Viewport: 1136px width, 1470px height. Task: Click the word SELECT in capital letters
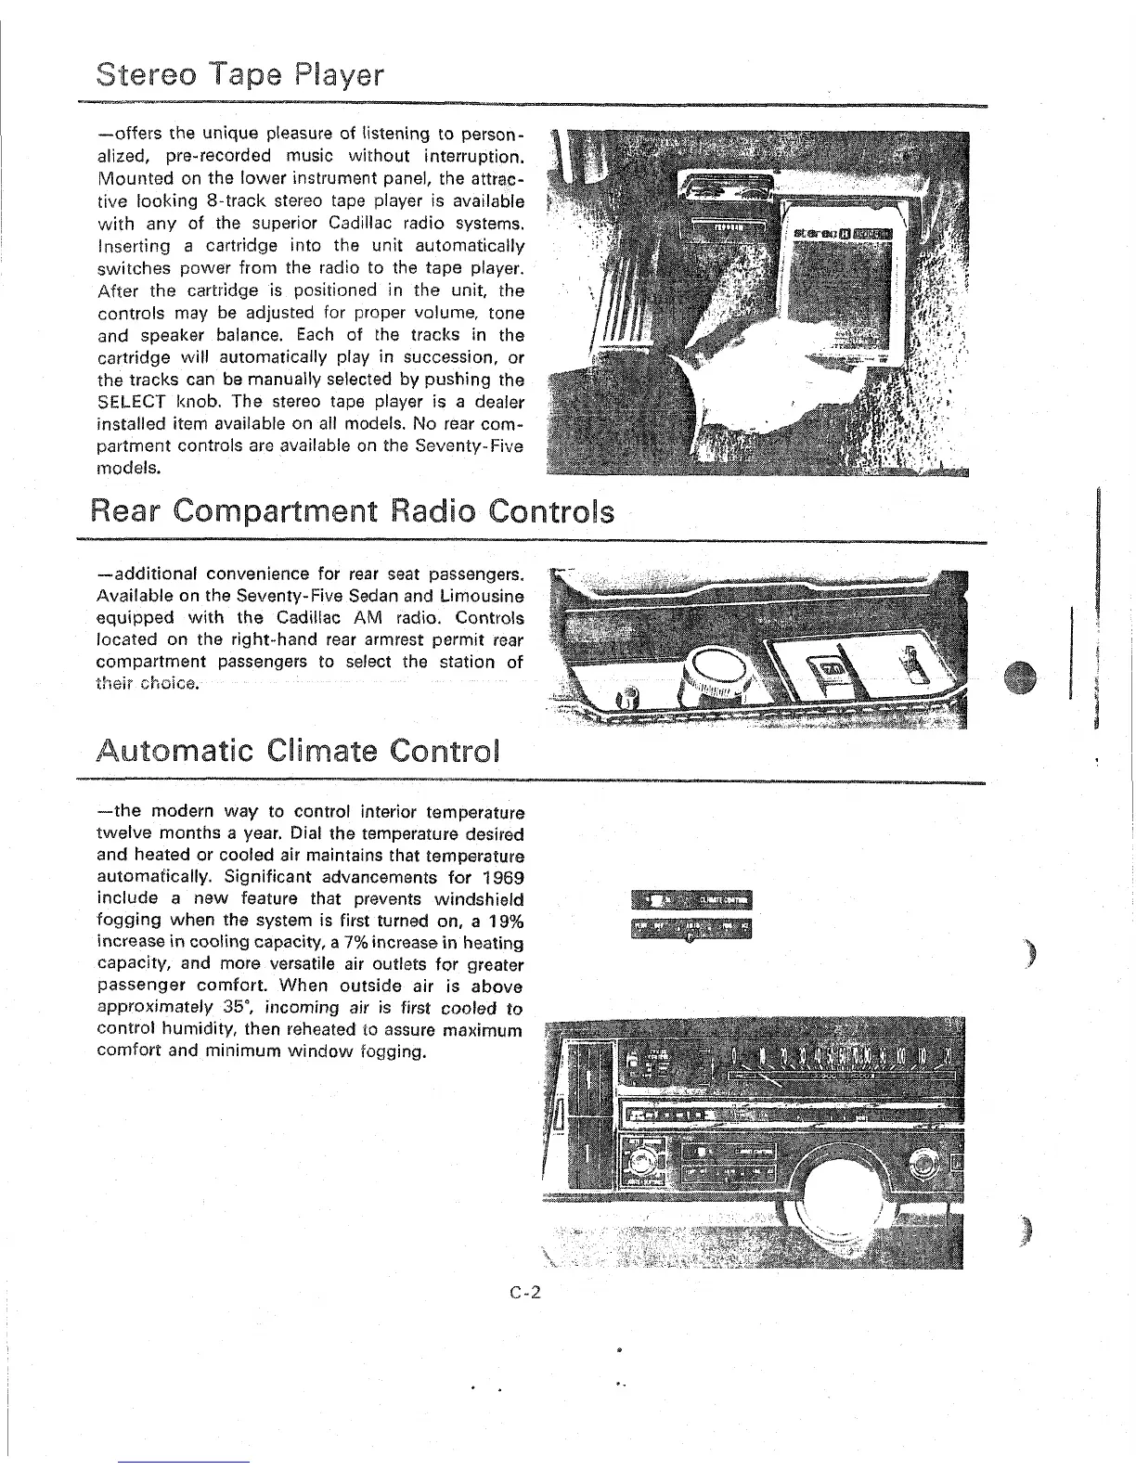pyautogui.click(x=132, y=402)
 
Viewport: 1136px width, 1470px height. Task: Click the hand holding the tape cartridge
pyautogui.click(x=752, y=380)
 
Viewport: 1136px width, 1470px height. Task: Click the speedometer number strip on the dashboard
pyautogui.click(x=840, y=1058)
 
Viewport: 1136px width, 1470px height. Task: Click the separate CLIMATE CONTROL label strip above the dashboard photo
pyautogui.click(x=691, y=900)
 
